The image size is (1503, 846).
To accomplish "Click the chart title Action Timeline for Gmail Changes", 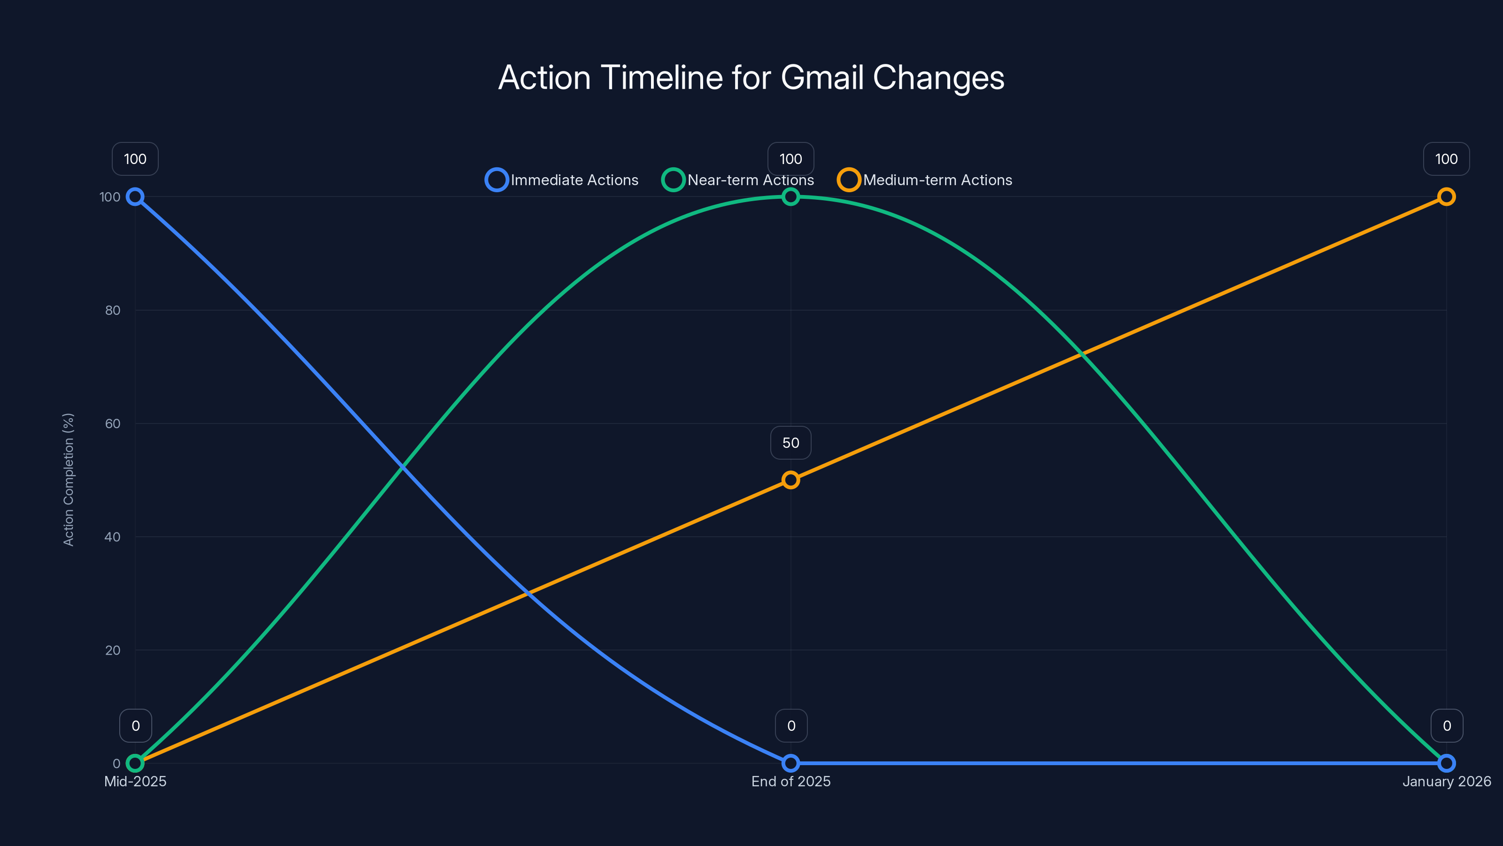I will click(x=751, y=78).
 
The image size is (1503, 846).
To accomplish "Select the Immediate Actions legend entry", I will click(x=562, y=180).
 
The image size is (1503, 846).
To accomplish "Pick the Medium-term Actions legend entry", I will click(x=925, y=180).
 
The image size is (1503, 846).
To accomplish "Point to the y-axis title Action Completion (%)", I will click(x=69, y=479).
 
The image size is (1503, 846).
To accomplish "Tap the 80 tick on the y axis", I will click(x=113, y=311).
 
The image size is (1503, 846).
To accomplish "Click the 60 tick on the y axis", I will click(x=113, y=424).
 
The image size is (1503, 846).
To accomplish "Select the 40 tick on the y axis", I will click(x=113, y=537).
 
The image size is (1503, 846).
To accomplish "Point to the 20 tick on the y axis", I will click(x=113, y=650).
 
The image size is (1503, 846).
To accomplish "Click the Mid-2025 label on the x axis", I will click(x=135, y=781).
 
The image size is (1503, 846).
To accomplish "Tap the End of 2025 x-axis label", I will click(x=790, y=781).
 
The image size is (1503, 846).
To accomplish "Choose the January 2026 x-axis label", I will click(x=1446, y=781).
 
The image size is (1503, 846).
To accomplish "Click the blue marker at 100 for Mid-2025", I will click(x=135, y=197).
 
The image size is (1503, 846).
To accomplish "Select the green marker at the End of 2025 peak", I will click(x=790, y=197).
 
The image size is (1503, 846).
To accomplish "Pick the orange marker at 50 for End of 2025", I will click(x=790, y=480).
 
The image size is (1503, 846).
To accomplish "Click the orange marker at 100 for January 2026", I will click(x=1446, y=197).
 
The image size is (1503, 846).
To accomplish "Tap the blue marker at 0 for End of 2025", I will click(x=790, y=763).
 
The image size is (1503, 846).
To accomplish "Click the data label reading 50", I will click(x=790, y=443).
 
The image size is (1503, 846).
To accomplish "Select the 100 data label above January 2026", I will click(x=1446, y=159).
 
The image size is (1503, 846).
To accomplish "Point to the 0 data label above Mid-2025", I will click(x=135, y=726).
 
